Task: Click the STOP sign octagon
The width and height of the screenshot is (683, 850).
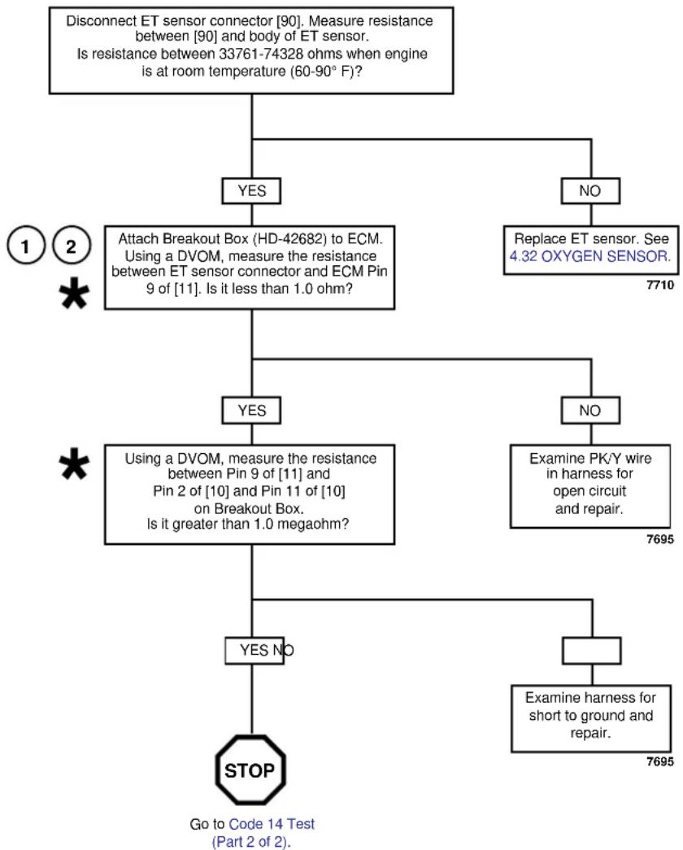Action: [250, 769]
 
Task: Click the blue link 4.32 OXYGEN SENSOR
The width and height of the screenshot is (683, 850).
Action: [589, 256]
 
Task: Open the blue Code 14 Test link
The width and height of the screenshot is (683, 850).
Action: [272, 824]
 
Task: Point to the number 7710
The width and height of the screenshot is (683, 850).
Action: [659, 286]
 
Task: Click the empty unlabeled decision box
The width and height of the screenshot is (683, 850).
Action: [591, 651]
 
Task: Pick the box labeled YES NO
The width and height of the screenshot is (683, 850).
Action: [254, 651]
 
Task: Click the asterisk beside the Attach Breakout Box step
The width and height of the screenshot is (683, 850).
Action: [74, 294]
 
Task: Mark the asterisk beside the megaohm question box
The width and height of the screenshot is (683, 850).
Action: [74, 464]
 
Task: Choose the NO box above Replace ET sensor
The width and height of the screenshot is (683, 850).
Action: [590, 191]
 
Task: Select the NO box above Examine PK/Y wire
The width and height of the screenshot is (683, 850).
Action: [590, 411]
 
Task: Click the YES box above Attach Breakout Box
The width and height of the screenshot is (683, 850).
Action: [251, 191]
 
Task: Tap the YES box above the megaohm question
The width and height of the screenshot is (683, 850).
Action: [251, 411]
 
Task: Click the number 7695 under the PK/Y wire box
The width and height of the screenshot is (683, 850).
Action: [659, 539]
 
